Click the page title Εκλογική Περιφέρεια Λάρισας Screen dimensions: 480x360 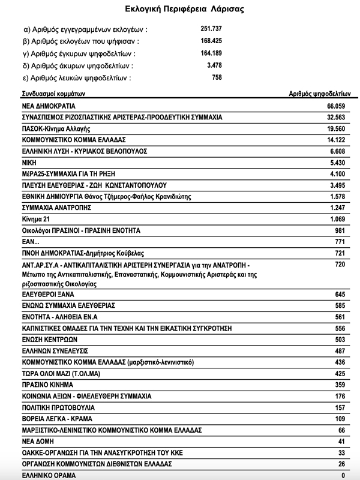(x=180, y=10)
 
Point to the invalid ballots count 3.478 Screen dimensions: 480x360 (x=214, y=65)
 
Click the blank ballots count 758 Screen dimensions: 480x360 (x=217, y=77)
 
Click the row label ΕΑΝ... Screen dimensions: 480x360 (x=30, y=242)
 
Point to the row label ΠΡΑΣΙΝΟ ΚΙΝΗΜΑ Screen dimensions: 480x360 (x=47, y=385)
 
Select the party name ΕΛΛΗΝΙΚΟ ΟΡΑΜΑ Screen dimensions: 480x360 (x=49, y=475)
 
